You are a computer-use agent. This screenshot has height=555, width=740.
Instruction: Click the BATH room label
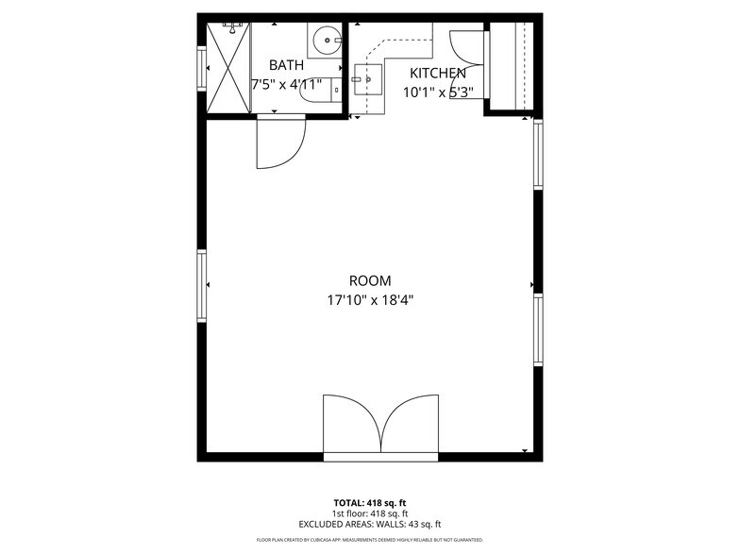pos(286,65)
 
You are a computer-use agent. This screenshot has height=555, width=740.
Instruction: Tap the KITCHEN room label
pos(437,73)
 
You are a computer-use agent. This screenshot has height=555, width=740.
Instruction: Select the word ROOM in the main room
pos(369,280)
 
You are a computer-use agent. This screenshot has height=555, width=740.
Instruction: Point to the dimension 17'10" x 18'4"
pos(369,301)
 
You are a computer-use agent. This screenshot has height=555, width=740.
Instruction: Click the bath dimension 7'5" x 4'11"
pos(286,84)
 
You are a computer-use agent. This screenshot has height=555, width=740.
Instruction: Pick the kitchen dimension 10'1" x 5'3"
pos(437,92)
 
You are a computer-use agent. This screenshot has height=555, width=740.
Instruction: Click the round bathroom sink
pos(328,40)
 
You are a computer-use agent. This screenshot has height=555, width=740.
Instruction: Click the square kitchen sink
pos(367,80)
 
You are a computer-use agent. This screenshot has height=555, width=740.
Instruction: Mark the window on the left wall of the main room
pos(201,286)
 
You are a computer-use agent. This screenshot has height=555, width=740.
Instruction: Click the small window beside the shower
pos(201,68)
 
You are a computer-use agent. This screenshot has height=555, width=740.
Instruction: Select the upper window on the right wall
pos(538,153)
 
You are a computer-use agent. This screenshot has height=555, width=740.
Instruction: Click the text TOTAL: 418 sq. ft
pos(369,502)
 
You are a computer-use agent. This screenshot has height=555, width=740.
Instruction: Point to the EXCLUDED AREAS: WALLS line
pos(369,524)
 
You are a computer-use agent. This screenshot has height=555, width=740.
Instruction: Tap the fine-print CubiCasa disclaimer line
pos(369,540)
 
